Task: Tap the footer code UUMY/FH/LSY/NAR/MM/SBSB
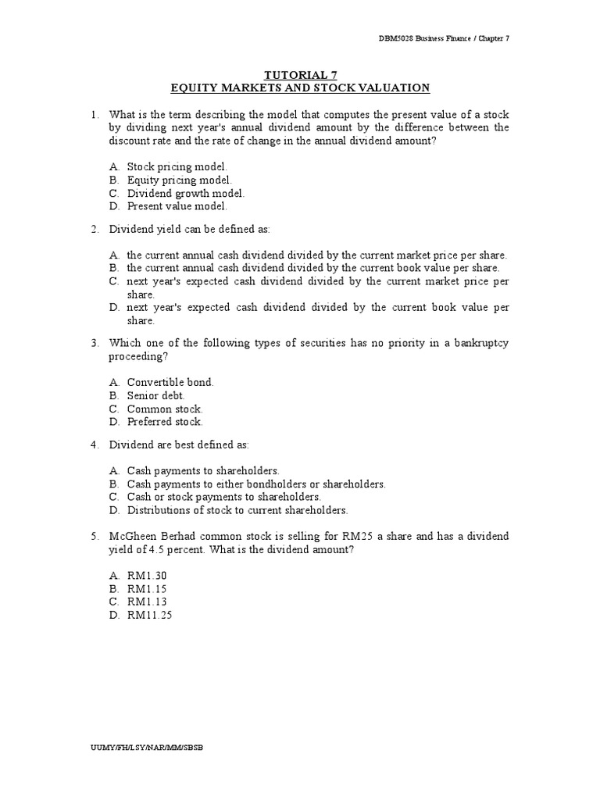pyautogui.click(x=147, y=748)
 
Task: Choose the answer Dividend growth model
pyautogui.click(x=185, y=193)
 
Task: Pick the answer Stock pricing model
pyautogui.click(x=177, y=166)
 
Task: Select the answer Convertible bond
pyautogui.click(x=170, y=382)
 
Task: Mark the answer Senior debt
pyautogui.click(x=156, y=395)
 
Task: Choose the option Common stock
pyautogui.click(x=165, y=409)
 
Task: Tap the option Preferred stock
pyautogui.click(x=165, y=422)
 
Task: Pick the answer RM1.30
pyautogui.click(x=148, y=575)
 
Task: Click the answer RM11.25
pyautogui.click(x=150, y=615)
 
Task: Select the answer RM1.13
pyautogui.click(x=148, y=602)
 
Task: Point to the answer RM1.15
pyautogui.click(x=148, y=588)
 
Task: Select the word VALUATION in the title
pyautogui.click(x=390, y=88)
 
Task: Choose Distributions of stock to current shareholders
pyautogui.click(x=237, y=509)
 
